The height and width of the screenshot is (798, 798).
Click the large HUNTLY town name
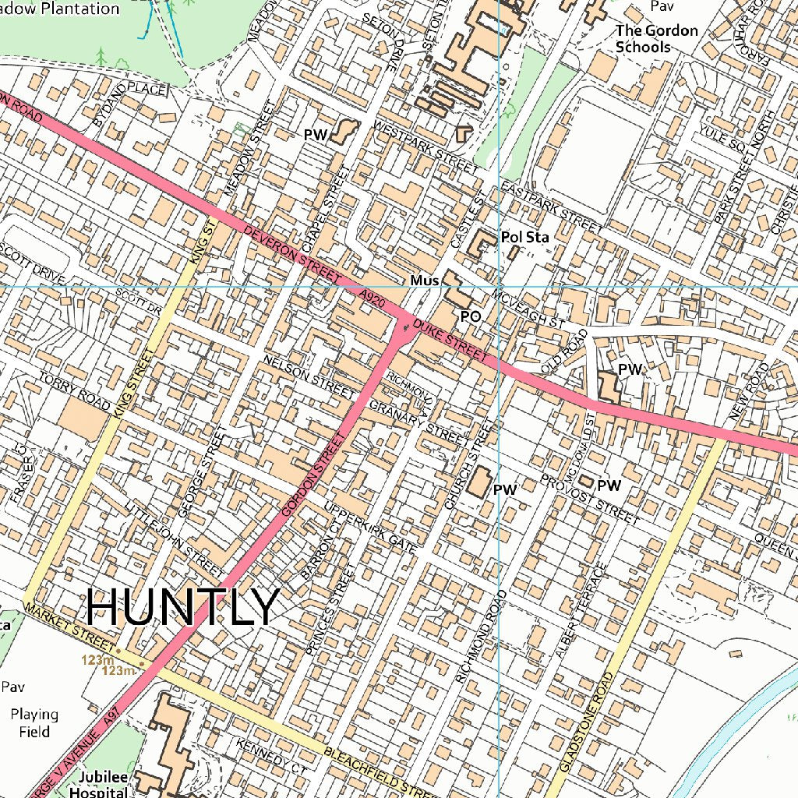point(182,606)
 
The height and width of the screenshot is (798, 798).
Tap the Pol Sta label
point(524,237)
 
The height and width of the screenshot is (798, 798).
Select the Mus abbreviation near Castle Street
point(425,280)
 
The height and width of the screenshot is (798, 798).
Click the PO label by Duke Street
point(471,317)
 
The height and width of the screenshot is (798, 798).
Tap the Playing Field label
point(34,722)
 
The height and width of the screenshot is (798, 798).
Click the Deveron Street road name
point(291,255)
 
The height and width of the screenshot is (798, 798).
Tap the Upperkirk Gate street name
point(369,528)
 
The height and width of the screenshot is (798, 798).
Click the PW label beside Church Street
point(505,490)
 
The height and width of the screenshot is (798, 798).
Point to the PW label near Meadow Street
point(316,135)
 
